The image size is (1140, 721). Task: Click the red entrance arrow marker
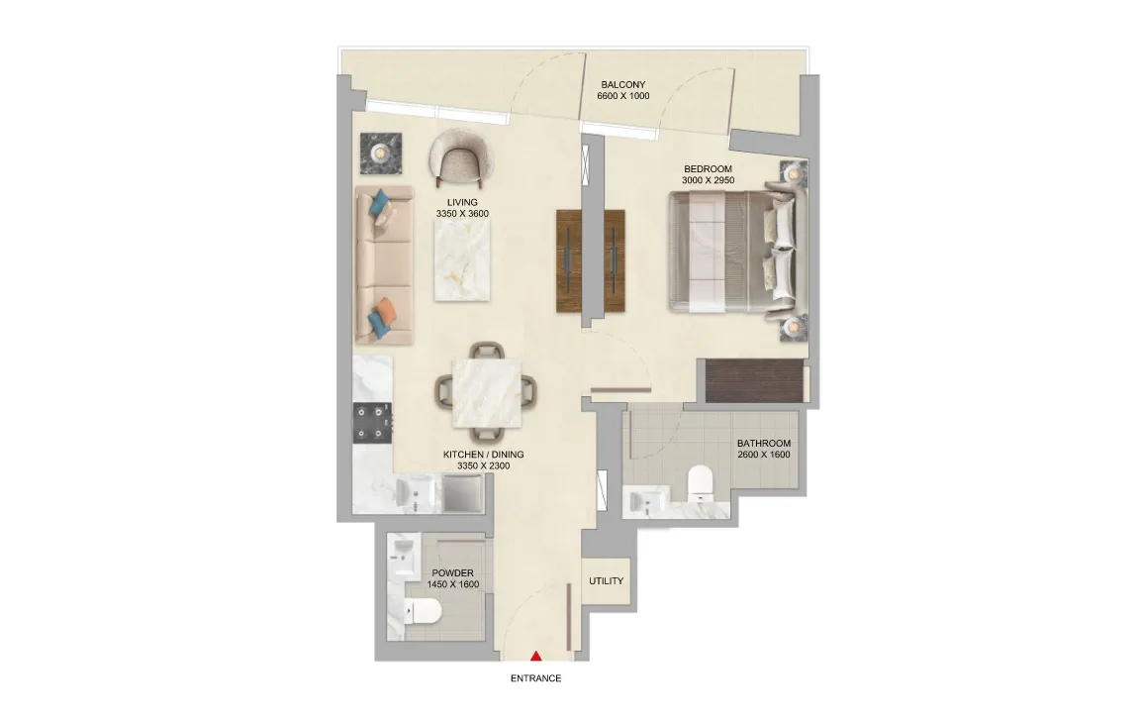tap(535, 657)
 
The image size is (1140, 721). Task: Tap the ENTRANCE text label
tap(535, 678)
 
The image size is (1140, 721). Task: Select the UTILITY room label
tap(607, 581)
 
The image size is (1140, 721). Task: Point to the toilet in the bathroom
tap(702, 481)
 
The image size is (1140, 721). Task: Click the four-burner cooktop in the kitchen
tap(372, 423)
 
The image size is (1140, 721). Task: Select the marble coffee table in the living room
tap(462, 259)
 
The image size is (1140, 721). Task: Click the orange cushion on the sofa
tap(387, 311)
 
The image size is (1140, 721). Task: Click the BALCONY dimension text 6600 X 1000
tap(623, 96)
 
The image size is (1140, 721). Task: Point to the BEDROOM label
tap(709, 168)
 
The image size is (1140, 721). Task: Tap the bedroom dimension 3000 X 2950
tap(709, 180)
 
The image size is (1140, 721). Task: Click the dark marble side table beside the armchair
tap(381, 154)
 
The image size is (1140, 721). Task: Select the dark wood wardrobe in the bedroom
tap(755, 380)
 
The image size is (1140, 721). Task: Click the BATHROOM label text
tap(763, 443)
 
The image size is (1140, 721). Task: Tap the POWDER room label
tap(453, 573)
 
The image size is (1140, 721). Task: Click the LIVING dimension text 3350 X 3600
tap(462, 214)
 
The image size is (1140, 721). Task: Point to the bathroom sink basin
tap(642, 502)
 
